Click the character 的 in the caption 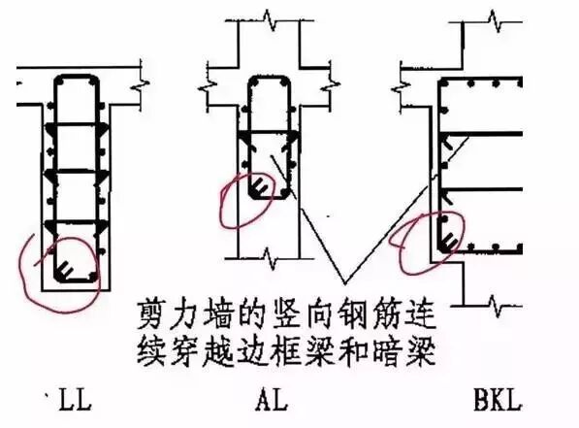[232, 315]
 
